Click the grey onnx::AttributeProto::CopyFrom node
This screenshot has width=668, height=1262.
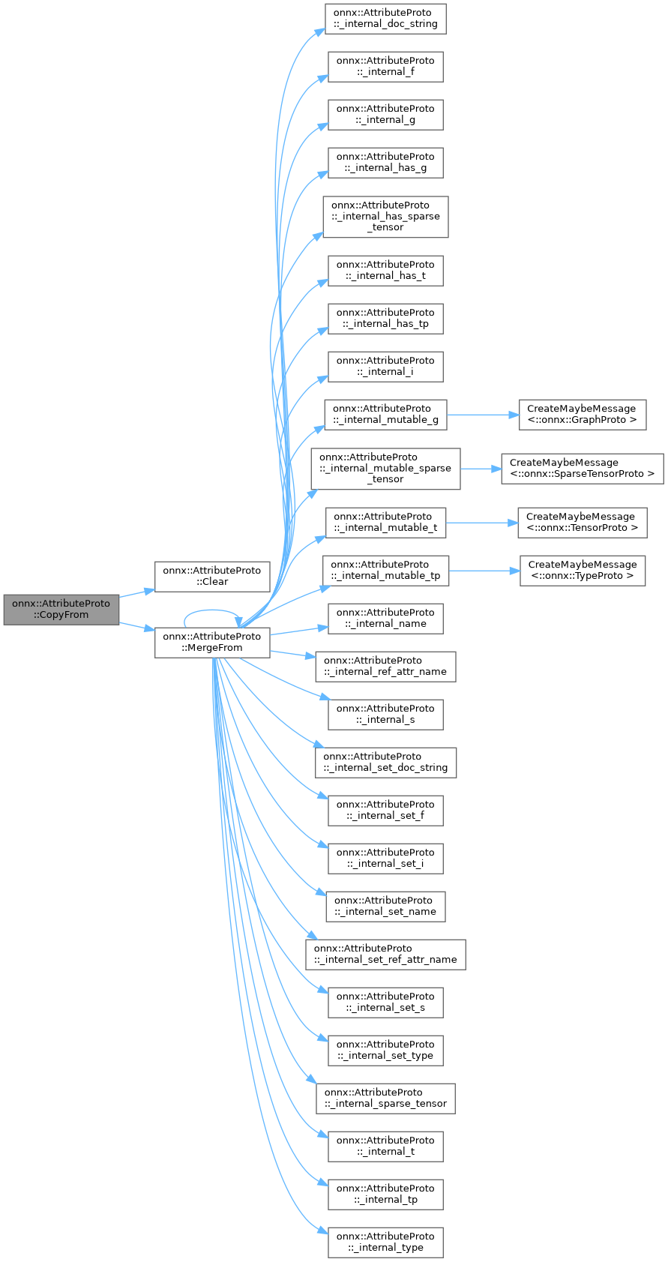click(x=61, y=609)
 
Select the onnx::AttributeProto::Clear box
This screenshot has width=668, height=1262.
click(x=212, y=576)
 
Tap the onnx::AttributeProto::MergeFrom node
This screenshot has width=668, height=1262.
click(x=212, y=642)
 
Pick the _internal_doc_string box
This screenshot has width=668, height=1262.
click(x=385, y=18)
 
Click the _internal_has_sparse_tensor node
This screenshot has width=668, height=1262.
click(x=385, y=216)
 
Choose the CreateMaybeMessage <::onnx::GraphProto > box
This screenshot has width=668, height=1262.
click(x=582, y=414)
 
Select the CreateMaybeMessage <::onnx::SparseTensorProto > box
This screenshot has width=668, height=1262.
click(x=582, y=468)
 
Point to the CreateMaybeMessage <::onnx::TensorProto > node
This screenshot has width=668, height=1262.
click(x=582, y=522)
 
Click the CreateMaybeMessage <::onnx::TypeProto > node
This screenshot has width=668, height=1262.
click(x=582, y=570)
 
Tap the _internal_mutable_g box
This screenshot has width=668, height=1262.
click(x=385, y=414)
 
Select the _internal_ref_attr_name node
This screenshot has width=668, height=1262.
click(x=385, y=666)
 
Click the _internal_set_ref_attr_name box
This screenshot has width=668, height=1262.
click(x=385, y=954)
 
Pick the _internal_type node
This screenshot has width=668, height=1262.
click(x=385, y=1242)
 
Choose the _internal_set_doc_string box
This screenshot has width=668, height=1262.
click(x=385, y=762)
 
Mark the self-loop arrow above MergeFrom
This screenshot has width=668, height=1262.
click(x=211, y=610)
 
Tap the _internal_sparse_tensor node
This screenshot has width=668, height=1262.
click(x=385, y=1098)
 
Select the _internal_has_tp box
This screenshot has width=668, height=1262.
click(x=385, y=318)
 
